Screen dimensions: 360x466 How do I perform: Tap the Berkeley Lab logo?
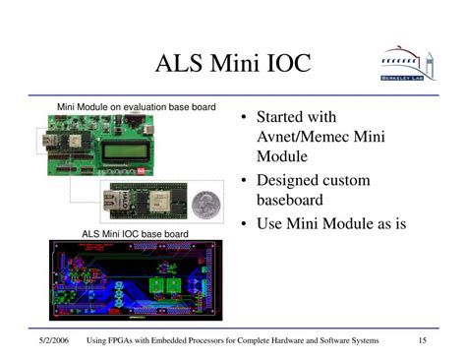[405, 64]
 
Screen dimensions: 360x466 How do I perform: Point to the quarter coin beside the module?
[205, 205]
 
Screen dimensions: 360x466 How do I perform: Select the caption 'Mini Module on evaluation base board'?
[136, 106]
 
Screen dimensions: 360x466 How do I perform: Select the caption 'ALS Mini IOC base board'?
[135, 234]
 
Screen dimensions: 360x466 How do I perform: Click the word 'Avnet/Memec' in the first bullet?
[300, 138]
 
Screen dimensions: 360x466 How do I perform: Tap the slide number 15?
[422, 341]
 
